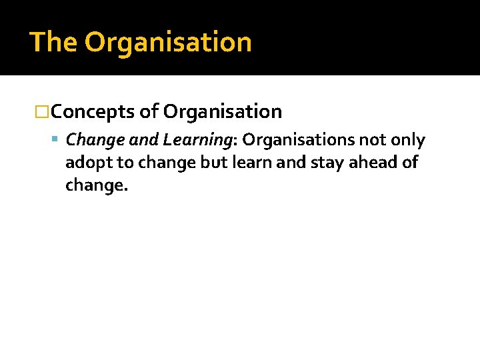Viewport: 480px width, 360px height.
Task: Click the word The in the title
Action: click(x=54, y=42)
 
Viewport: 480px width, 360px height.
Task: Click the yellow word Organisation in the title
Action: click(x=168, y=42)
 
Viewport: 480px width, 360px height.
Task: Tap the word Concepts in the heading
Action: click(x=93, y=111)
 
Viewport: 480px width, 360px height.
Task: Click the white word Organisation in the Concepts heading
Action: click(x=223, y=111)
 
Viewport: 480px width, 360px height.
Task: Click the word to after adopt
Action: click(x=126, y=163)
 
